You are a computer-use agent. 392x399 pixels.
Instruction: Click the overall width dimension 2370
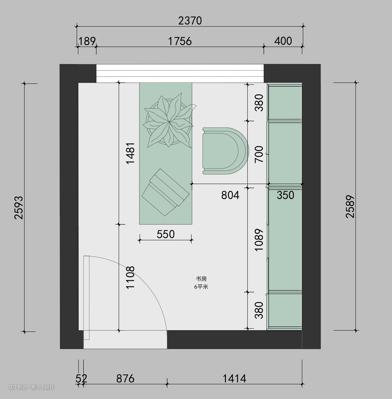point(190,21)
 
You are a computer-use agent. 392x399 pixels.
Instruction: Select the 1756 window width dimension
point(180,41)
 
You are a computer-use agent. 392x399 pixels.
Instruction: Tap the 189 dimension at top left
point(87,41)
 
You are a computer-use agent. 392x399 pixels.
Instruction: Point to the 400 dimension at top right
point(283,41)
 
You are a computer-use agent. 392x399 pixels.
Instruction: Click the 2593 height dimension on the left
point(19,207)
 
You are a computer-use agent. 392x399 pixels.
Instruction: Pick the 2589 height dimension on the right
point(350,206)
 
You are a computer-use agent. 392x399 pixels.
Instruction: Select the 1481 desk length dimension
point(130,153)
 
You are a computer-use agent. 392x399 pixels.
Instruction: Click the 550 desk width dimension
point(166,234)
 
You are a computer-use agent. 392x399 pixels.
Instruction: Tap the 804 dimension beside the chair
point(230,195)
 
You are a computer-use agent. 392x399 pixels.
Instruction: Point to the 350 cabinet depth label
point(285,195)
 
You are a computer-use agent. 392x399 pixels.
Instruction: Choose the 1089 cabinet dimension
point(259,240)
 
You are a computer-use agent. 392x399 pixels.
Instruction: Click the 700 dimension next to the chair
point(259,155)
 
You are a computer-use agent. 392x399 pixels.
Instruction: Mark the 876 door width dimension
point(125,379)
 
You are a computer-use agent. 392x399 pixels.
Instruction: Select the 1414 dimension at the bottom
point(234,379)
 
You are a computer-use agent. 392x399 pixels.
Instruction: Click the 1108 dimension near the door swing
point(130,278)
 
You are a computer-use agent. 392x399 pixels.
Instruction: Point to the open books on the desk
point(166,192)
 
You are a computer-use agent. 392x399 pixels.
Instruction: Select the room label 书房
point(201,279)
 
